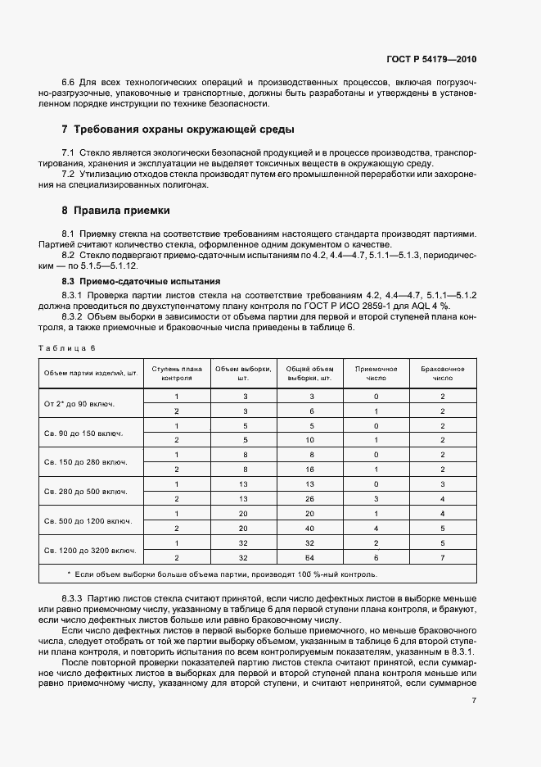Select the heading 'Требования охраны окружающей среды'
click(184, 129)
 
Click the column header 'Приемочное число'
click(376, 374)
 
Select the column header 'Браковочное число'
click(442, 374)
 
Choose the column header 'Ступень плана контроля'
click(176, 374)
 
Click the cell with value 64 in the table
click(309, 557)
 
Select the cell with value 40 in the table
click(309, 528)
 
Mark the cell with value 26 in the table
click(309, 498)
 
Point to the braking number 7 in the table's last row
click(442, 557)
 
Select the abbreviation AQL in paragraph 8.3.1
click(431, 304)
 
